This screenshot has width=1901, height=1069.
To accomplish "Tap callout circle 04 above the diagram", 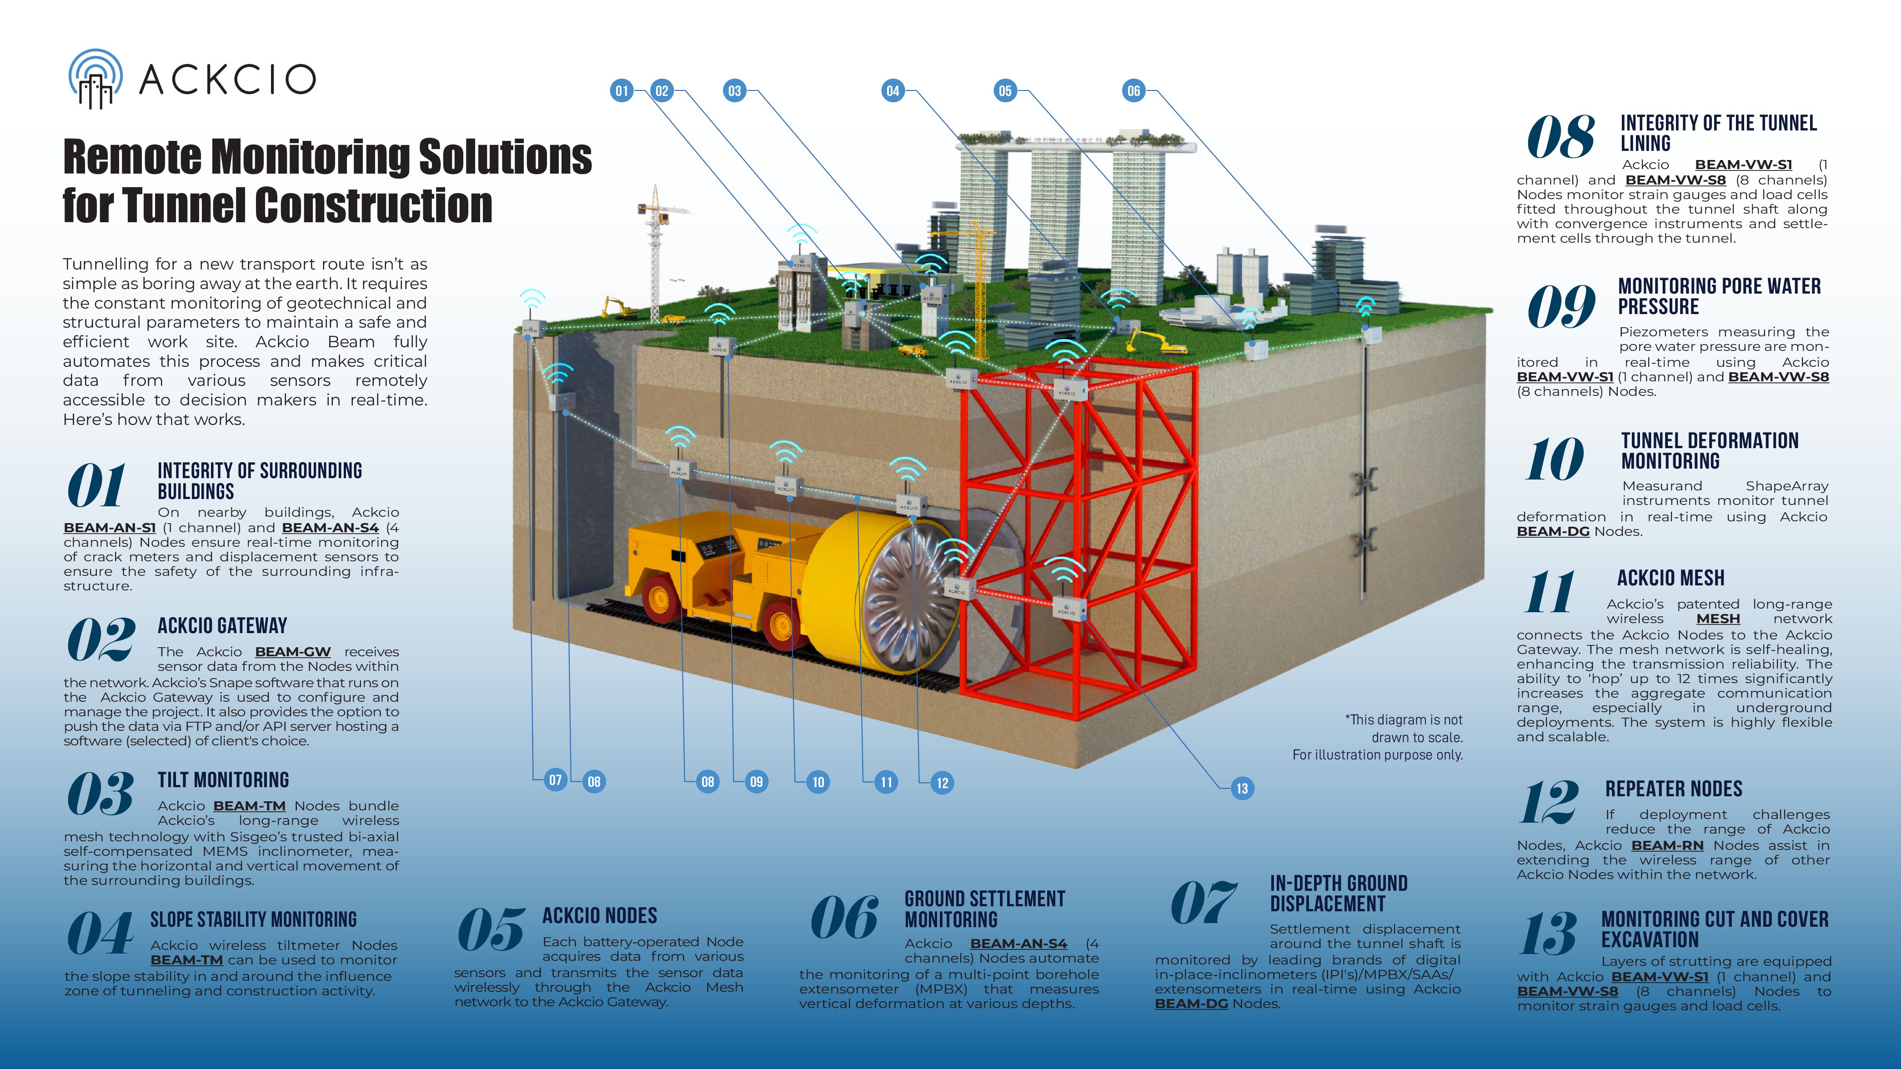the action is [x=893, y=91].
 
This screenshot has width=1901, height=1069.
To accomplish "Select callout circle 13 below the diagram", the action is [x=1242, y=788].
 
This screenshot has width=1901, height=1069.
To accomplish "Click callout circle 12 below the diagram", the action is [x=942, y=783].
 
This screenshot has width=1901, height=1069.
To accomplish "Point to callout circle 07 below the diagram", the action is [x=555, y=780].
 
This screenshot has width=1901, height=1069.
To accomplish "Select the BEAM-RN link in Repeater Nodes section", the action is [x=1667, y=845].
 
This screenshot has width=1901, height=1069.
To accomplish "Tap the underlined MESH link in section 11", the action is [x=1718, y=619].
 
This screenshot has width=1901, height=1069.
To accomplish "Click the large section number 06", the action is [x=844, y=919].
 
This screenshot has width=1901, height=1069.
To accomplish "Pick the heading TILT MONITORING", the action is [x=223, y=780].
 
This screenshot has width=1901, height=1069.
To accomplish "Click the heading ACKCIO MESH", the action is [x=1671, y=578].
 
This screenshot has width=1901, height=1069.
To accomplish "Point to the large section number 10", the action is [x=1554, y=459].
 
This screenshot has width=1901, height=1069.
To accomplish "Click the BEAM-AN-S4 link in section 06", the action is [x=1018, y=944].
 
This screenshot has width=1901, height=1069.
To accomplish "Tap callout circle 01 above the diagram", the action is [x=622, y=91].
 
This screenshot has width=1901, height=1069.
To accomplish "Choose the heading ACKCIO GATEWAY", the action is [x=222, y=625].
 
